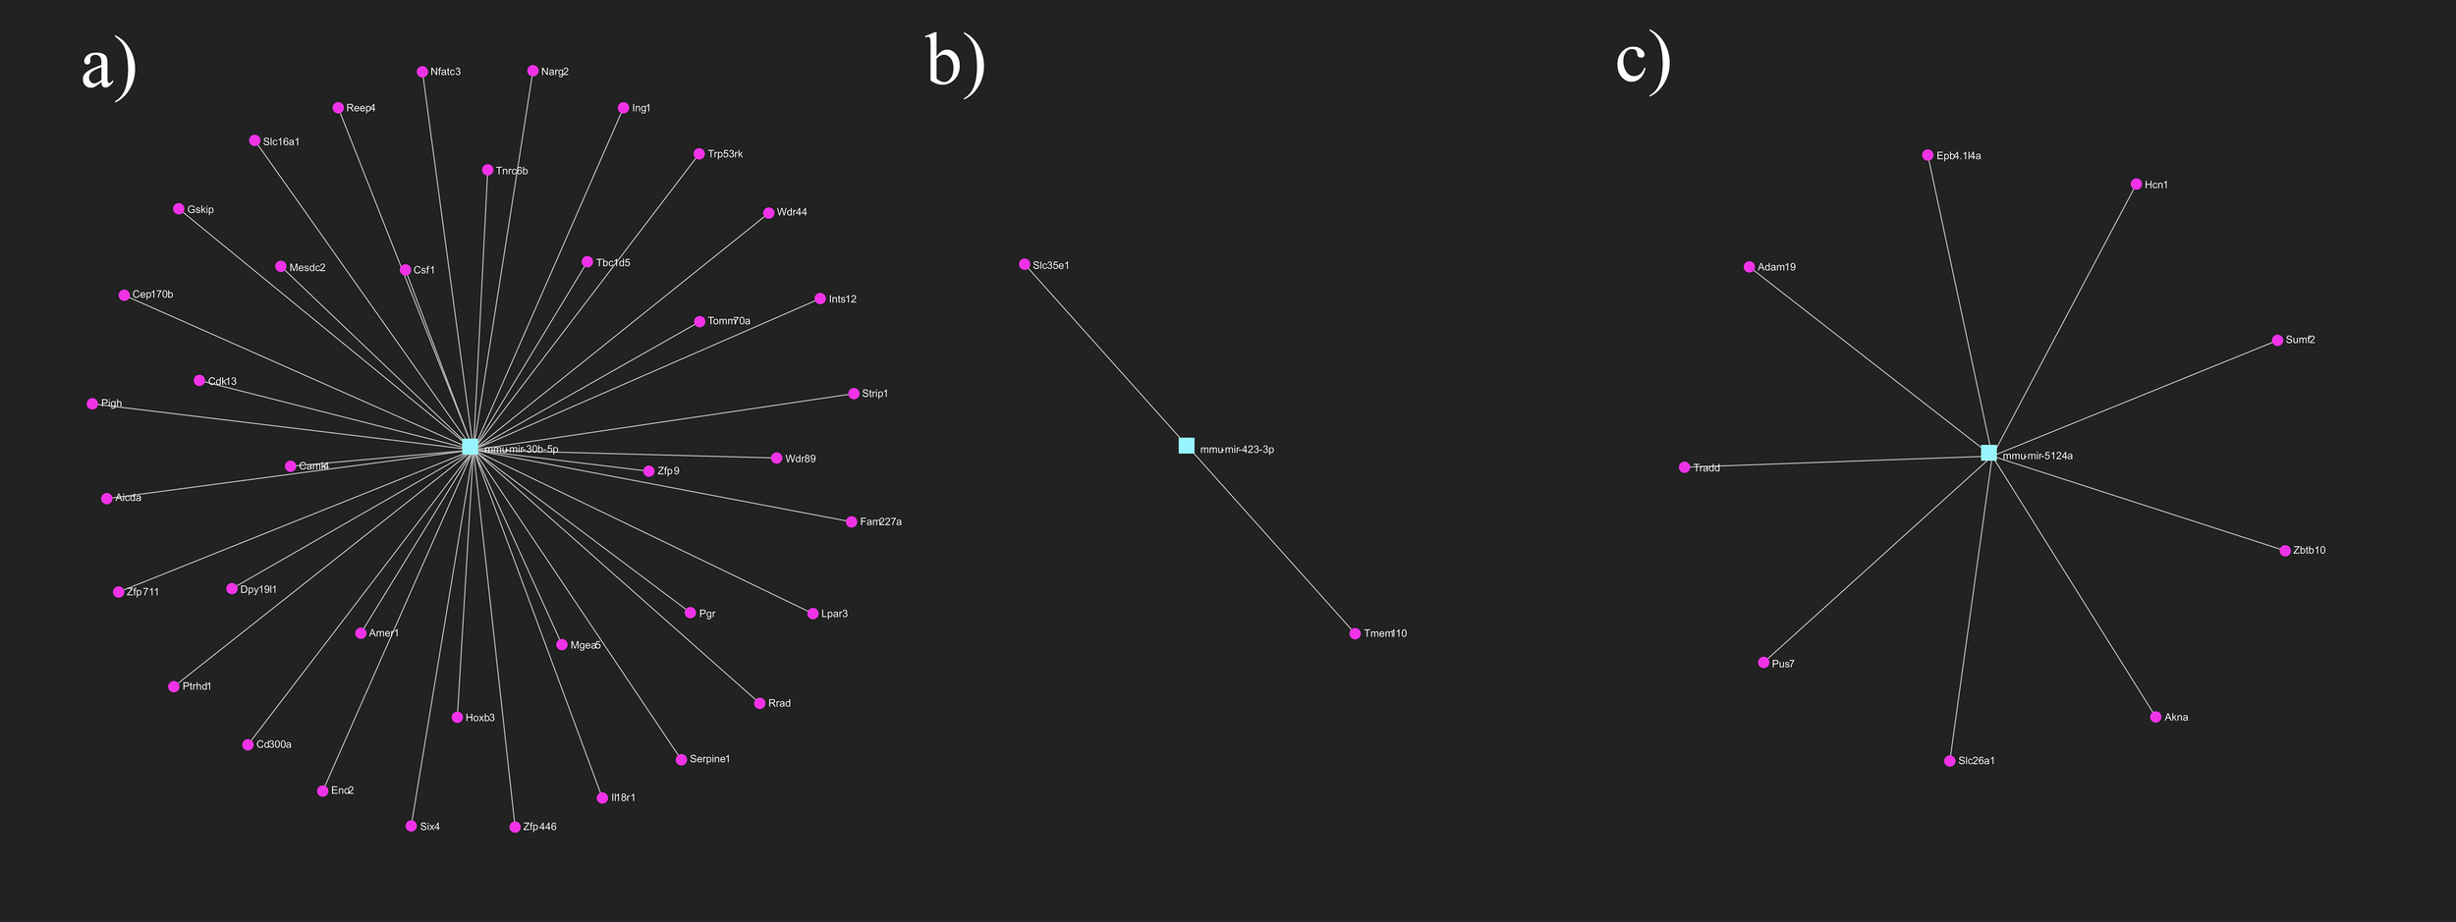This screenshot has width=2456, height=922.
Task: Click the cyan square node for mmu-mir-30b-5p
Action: click(x=471, y=447)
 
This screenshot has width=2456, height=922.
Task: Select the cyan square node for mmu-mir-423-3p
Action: click(x=1187, y=446)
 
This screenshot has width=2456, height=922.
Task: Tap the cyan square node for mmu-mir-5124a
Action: click(x=1989, y=453)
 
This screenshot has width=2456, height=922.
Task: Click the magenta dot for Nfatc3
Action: click(x=422, y=72)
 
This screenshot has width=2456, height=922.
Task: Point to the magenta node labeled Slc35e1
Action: click(x=1025, y=264)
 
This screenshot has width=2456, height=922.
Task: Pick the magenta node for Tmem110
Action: click(x=1356, y=633)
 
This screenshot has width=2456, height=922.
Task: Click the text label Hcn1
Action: click(x=2156, y=185)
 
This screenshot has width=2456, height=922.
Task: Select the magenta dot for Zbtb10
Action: click(x=2285, y=551)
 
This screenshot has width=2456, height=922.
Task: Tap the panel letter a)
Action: click(x=108, y=67)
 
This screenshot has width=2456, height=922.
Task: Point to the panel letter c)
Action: click(x=1643, y=61)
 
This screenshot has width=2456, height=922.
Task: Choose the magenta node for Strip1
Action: click(x=854, y=394)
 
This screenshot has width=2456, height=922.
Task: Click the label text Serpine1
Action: click(x=709, y=759)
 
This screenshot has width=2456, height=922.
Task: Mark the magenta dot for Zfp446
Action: click(x=515, y=827)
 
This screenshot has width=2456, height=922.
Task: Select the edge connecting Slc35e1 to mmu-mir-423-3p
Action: click(x=1105, y=354)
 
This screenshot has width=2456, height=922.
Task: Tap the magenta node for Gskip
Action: click(x=179, y=209)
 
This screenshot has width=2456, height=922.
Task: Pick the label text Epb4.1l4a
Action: click(x=1959, y=156)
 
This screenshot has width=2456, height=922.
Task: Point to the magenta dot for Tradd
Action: click(x=1685, y=467)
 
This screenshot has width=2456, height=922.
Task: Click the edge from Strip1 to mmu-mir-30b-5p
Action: click(x=662, y=420)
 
